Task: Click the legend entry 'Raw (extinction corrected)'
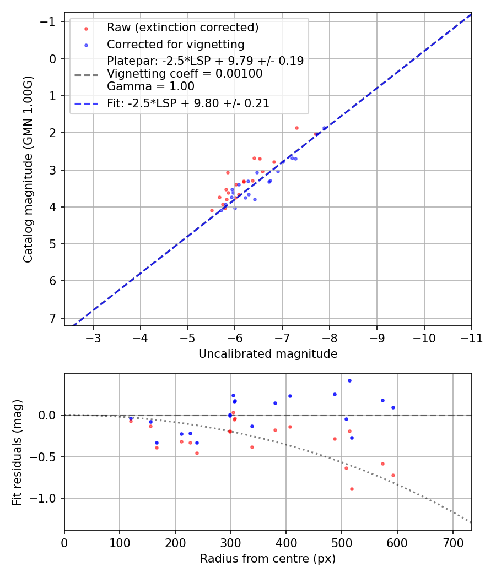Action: click(x=182, y=28)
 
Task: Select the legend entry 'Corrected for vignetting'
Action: click(x=175, y=44)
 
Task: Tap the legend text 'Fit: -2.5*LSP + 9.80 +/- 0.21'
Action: click(x=188, y=103)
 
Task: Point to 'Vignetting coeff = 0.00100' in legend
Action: click(x=185, y=74)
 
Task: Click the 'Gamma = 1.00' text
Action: click(x=150, y=86)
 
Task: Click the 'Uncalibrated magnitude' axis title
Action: click(x=268, y=354)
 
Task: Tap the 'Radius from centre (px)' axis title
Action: click(x=268, y=559)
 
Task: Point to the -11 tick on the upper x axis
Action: click(x=471, y=337)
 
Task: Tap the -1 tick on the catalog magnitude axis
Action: click(x=50, y=21)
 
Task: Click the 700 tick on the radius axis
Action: click(x=452, y=542)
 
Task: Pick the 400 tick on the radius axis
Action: click(x=286, y=542)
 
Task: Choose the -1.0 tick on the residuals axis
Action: click(x=45, y=498)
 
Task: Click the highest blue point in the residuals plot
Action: click(x=349, y=380)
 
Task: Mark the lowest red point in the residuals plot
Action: click(x=352, y=489)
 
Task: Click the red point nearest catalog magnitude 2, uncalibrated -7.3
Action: click(x=296, y=128)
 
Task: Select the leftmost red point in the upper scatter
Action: click(x=212, y=210)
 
